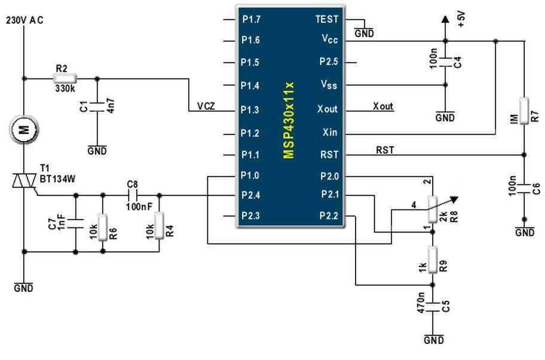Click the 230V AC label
click(x=25, y=20)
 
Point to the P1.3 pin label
click(x=250, y=109)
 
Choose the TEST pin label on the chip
click(x=326, y=19)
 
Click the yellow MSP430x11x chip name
click(x=289, y=120)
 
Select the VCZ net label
click(x=206, y=106)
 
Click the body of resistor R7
click(x=523, y=109)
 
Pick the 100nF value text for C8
click(x=139, y=206)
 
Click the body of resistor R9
click(x=431, y=258)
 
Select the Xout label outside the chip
click(x=383, y=106)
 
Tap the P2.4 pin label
click(x=250, y=194)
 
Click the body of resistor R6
click(x=103, y=226)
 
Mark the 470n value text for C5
click(x=422, y=303)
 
